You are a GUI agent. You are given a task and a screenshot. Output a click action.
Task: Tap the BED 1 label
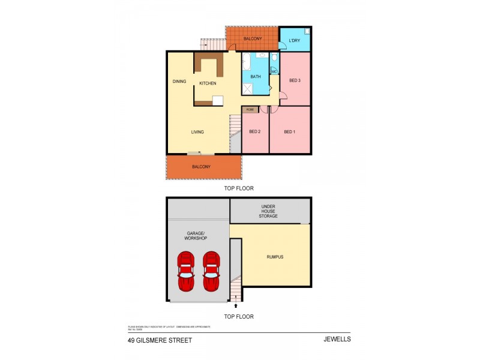coord(290,132)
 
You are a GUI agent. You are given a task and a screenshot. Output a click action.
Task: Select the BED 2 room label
coord(254,132)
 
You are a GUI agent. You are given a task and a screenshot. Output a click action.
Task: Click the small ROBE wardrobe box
coord(250,109)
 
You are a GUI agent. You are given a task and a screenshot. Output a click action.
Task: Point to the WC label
coord(274,71)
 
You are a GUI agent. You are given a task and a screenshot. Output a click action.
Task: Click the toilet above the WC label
coord(274,58)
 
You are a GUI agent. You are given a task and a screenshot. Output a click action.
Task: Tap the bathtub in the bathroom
coord(246,61)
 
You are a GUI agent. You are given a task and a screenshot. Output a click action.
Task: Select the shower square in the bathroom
coord(247,88)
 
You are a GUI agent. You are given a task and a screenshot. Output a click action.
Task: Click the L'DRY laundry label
coord(294,41)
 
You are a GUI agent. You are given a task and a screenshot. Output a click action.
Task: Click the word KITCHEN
coord(208,83)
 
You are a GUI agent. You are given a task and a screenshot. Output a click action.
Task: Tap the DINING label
coord(179,82)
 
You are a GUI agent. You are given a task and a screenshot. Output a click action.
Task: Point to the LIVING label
coord(197,132)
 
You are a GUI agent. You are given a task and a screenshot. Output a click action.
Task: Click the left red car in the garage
coord(187,271)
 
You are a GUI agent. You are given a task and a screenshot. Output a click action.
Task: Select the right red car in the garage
coord(211,271)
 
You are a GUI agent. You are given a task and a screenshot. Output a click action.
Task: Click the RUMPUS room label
coord(275,257)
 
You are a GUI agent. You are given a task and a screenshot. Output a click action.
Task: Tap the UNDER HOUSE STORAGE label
coord(268,211)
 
